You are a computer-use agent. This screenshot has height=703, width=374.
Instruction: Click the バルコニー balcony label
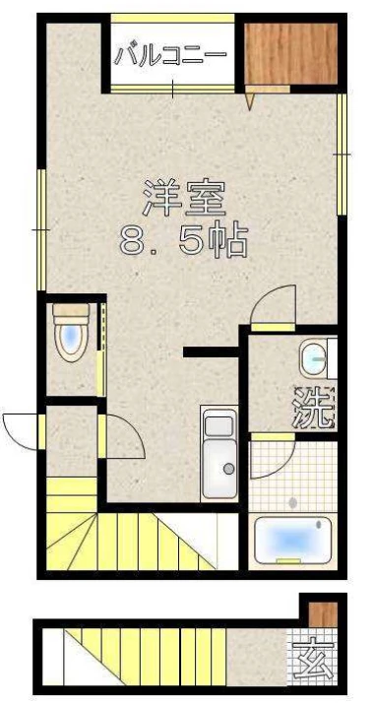169,56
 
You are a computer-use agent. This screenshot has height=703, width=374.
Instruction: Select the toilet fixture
71,333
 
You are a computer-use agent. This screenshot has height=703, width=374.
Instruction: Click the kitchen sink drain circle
229,469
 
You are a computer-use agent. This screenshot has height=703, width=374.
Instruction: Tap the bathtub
293,541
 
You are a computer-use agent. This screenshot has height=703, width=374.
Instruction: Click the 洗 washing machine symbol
314,408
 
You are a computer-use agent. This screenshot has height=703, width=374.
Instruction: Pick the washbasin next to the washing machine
314,358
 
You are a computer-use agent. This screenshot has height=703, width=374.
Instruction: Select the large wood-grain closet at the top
291,54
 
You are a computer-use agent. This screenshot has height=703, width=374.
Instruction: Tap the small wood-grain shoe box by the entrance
323,614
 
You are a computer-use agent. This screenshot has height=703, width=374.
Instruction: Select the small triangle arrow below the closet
250,101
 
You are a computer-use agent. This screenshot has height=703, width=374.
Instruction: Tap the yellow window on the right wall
342,155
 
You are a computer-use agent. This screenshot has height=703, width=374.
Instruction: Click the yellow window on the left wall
41,230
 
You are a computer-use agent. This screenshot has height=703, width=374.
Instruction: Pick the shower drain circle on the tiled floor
293,503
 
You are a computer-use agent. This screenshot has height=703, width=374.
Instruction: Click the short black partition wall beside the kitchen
211,351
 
